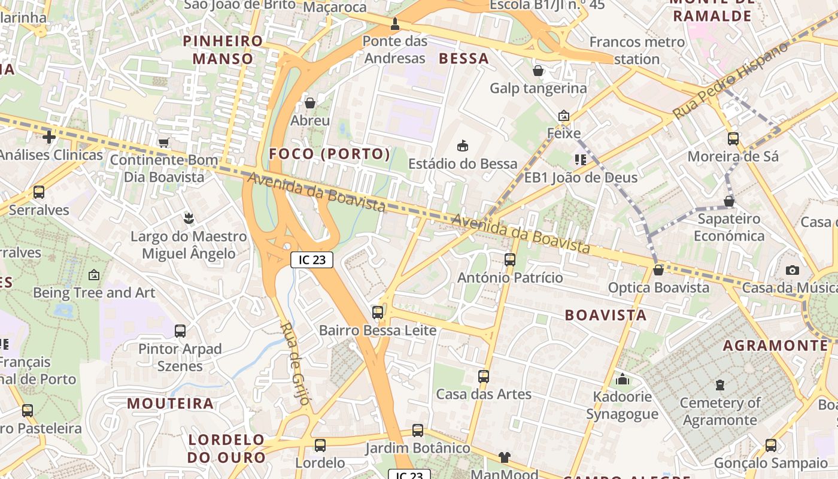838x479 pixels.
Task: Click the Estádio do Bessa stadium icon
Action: tap(462, 145)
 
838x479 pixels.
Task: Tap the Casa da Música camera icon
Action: tap(793, 270)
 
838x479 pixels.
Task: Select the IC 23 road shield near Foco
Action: tap(311, 259)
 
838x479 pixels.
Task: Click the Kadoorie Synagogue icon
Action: tap(623, 379)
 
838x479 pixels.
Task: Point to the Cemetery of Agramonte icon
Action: tap(719, 385)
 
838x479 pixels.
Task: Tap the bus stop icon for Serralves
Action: tap(39, 192)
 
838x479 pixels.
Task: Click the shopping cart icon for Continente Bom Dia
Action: tap(163, 143)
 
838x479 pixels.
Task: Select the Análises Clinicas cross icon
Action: tap(49, 138)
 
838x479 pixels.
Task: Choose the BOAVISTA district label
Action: tap(606, 315)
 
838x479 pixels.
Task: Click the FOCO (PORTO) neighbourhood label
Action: tap(329, 154)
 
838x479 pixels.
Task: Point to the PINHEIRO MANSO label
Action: tap(223, 50)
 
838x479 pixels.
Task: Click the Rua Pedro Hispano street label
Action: tap(731, 80)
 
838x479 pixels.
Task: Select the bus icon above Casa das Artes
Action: tap(484, 377)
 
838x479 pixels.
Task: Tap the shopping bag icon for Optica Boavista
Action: tap(658, 270)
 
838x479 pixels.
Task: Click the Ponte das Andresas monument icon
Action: tap(394, 25)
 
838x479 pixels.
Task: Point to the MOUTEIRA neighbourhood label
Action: tap(170, 404)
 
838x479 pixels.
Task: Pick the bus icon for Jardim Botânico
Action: tap(418, 431)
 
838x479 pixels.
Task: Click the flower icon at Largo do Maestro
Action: tap(189, 219)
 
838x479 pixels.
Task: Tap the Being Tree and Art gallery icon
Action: tap(94, 275)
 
